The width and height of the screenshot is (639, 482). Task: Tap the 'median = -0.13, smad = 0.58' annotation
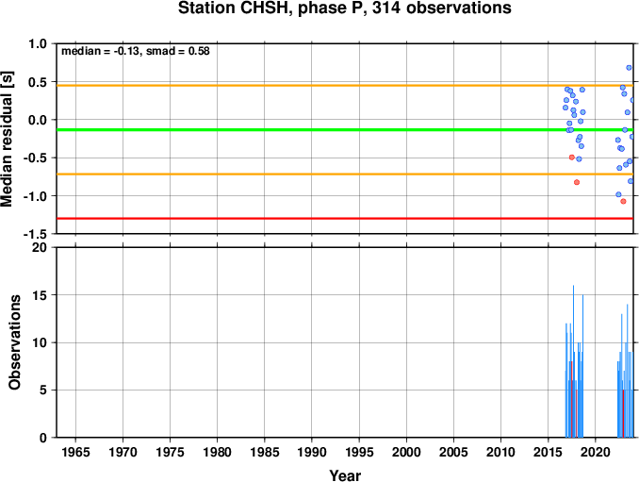click(x=136, y=51)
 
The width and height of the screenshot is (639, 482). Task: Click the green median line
click(x=345, y=129)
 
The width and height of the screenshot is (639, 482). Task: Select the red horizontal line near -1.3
click(x=345, y=219)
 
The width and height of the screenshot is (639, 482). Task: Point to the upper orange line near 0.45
click(x=345, y=85)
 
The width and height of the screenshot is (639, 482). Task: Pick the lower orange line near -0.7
click(x=345, y=175)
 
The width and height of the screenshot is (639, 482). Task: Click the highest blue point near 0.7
click(x=629, y=68)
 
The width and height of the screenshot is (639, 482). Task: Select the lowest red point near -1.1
click(x=623, y=201)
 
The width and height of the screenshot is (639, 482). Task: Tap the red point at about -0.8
click(x=577, y=182)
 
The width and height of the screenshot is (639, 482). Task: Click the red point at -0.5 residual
click(x=572, y=157)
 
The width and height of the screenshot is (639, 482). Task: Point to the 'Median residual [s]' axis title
click(x=7, y=139)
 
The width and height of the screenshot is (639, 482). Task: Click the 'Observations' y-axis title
click(x=15, y=342)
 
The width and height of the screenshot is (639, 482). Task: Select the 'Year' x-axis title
click(x=345, y=475)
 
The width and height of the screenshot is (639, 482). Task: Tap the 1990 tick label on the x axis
click(x=312, y=452)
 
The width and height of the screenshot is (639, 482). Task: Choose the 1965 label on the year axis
click(x=75, y=452)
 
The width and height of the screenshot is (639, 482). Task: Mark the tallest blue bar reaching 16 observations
click(x=573, y=361)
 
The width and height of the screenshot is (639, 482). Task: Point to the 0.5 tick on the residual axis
click(x=38, y=82)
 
